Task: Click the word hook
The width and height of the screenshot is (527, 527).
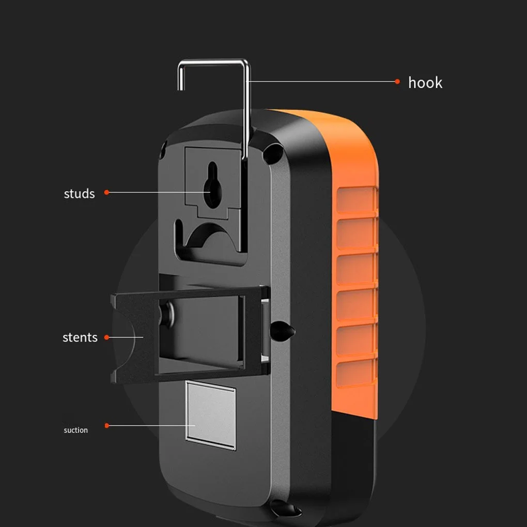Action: point(425,83)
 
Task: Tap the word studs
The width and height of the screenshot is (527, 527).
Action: point(79,194)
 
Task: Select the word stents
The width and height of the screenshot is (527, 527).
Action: point(80,337)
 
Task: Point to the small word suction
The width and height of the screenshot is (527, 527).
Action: point(76,430)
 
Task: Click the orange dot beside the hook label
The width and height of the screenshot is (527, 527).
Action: point(397,81)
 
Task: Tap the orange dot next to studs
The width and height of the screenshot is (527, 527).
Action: point(106,192)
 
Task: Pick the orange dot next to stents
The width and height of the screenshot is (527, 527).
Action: point(106,337)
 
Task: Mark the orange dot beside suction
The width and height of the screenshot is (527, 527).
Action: point(107,426)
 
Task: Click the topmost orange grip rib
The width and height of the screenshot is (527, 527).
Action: point(356,199)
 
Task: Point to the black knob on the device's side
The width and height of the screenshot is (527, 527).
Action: point(283,330)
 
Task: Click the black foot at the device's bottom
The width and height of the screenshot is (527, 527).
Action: point(285,508)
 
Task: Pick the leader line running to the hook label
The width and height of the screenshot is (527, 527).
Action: point(320,81)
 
